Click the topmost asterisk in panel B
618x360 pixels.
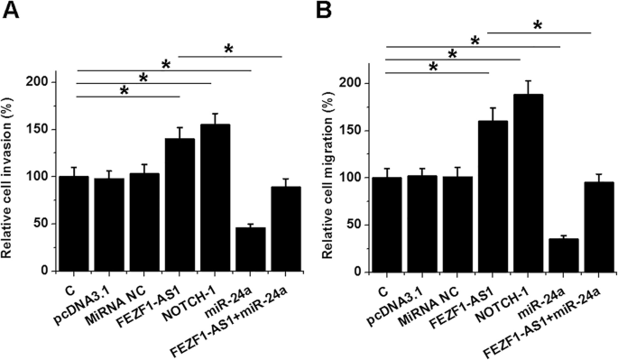(x=538, y=26)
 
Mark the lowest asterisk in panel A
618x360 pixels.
(x=124, y=92)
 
